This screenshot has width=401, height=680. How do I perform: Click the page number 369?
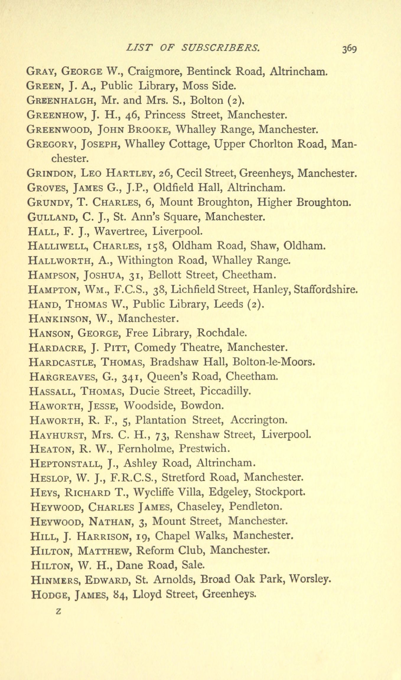(350, 49)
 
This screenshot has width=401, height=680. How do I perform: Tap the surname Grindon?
(50, 173)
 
